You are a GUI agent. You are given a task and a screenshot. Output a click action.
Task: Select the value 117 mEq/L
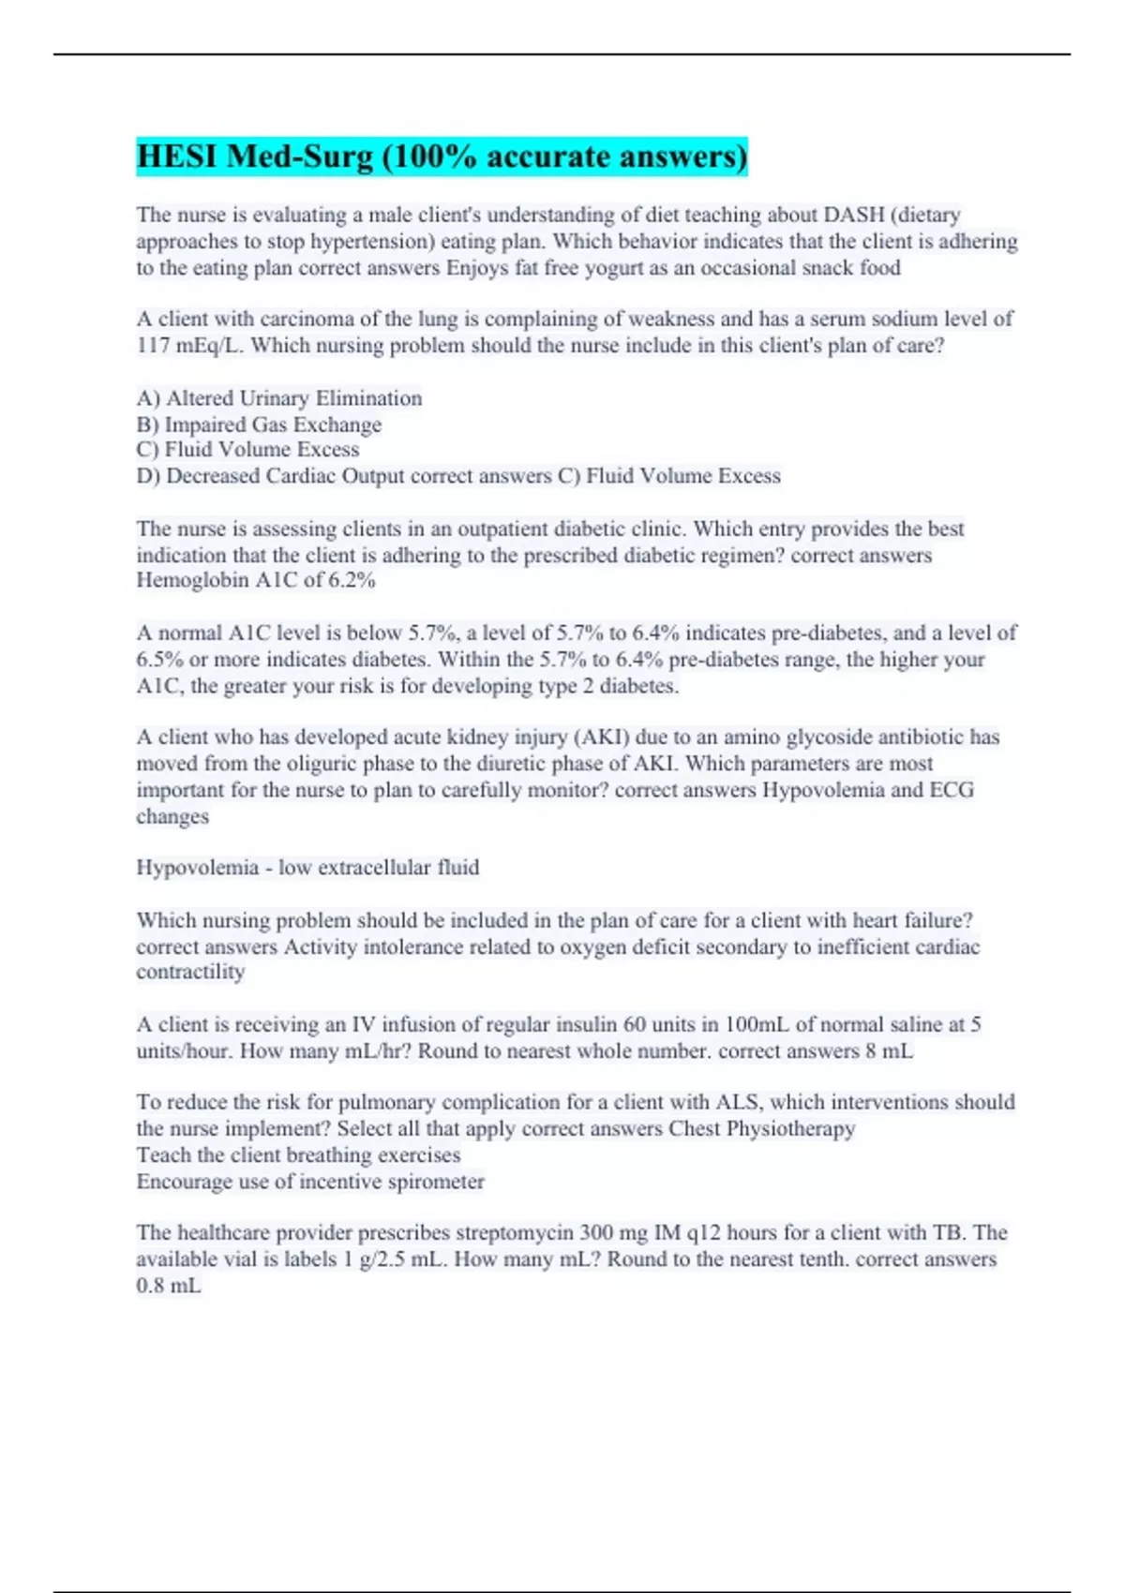pyautogui.click(x=189, y=346)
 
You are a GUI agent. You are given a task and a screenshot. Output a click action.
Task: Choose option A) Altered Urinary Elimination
pyautogui.click(x=279, y=398)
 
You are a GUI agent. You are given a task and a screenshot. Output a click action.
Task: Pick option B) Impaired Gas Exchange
pyautogui.click(x=259, y=424)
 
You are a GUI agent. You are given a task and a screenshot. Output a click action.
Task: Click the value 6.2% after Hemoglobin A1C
pyautogui.click(x=352, y=581)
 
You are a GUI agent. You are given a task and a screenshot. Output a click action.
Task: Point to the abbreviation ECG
pyautogui.click(x=952, y=790)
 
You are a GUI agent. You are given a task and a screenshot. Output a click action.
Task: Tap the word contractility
pyautogui.click(x=190, y=973)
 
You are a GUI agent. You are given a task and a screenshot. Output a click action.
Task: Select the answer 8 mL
pyautogui.click(x=889, y=1051)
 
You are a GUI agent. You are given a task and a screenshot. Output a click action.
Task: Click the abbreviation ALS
pyautogui.click(x=737, y=1103)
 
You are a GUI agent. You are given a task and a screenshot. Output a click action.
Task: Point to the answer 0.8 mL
pyautogui.click(x=169, y=1286)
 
